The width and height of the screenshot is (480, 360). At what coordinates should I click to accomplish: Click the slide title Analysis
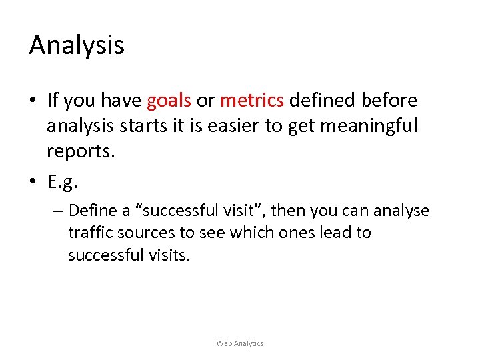tap(77, 46)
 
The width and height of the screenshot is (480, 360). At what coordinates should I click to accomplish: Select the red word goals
tap(169, 101)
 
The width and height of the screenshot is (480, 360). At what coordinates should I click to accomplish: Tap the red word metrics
tap(252, 101)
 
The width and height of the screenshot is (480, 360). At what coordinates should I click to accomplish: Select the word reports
tap(81, 151)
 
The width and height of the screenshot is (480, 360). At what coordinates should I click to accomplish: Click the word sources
tap(145, 233)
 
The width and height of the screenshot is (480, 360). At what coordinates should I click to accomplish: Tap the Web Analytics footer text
tap(240, 343)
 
